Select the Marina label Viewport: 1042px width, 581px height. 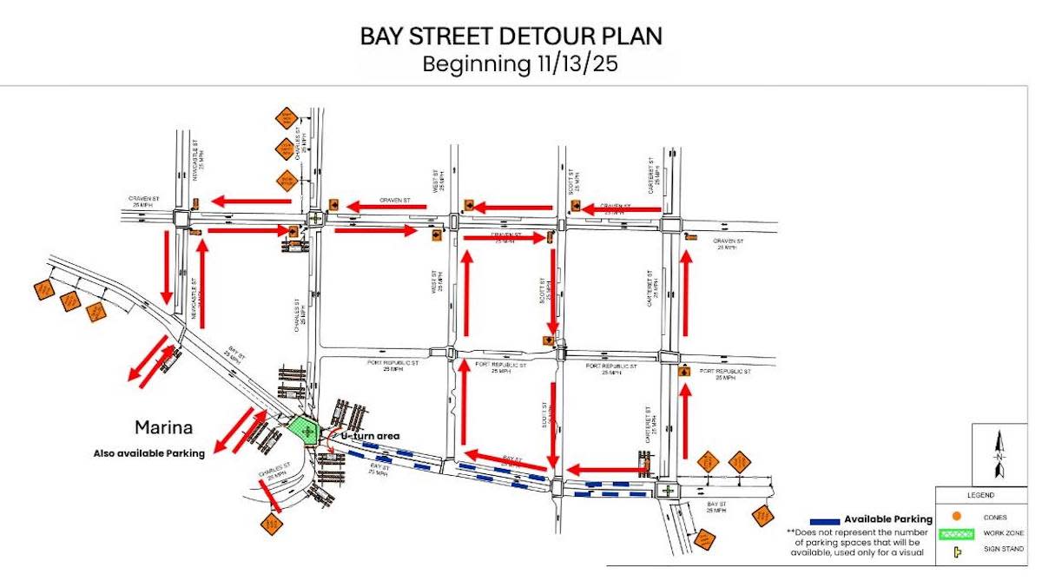[x=162, y=427]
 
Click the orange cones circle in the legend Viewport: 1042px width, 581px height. [x=956, y=517]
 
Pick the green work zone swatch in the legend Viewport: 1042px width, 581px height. [x=957, y=533]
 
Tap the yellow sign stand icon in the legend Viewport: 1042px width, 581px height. [x=957, y=551]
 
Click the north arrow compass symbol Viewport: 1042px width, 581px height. [x=999, y=456]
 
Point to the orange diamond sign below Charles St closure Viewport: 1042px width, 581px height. [x=272, y=524]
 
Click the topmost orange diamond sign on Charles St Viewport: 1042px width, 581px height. [x=286, y=117]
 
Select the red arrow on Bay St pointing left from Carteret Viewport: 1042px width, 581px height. [x=608, y=470]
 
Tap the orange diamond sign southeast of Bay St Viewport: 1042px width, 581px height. [x=762, y=516]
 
